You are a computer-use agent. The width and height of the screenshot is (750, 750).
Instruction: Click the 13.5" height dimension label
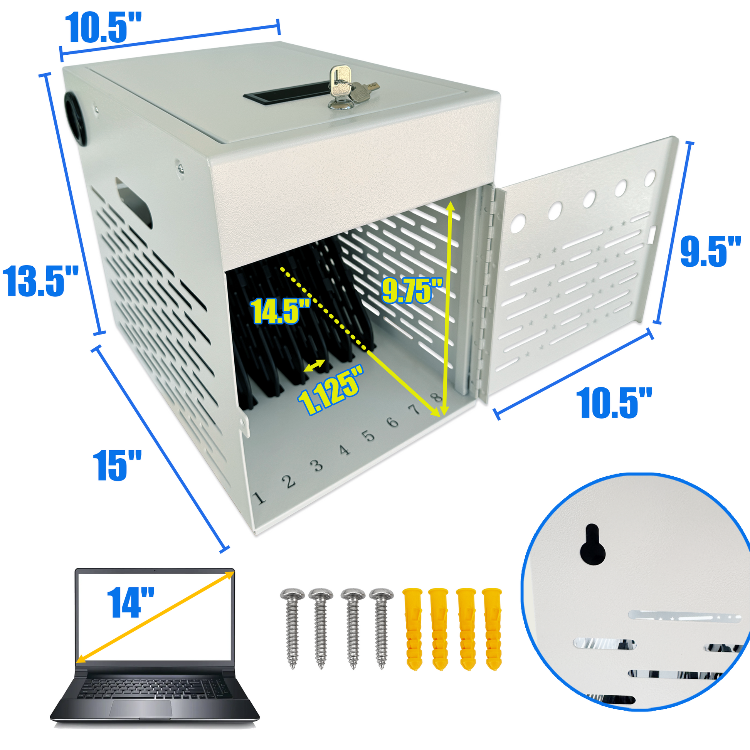pyautogui.click(x=40, y=281)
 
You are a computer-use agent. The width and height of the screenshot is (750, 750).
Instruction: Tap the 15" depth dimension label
pyautogui.click(x=117, y=466)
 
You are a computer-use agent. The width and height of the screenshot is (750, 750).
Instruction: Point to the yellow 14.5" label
pyautogui.click(x=281, y=311)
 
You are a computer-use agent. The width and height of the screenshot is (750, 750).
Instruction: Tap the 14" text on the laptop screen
pyautogui.click(x=130, y=602)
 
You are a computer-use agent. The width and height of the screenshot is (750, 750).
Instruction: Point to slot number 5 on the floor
pyautogui.click(x=368, y=436)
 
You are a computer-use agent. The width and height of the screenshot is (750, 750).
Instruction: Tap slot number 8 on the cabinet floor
pyautogui.click(x=437, y=397)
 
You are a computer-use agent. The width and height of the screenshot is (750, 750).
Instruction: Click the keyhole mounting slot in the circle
pyautogui.click(x=592, y=544)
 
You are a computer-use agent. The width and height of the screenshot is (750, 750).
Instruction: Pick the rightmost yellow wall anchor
pyautogui.click(x=492, y=629)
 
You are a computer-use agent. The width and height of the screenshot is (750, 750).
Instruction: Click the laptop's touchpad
pyautogui.click(x=141, y=708)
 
